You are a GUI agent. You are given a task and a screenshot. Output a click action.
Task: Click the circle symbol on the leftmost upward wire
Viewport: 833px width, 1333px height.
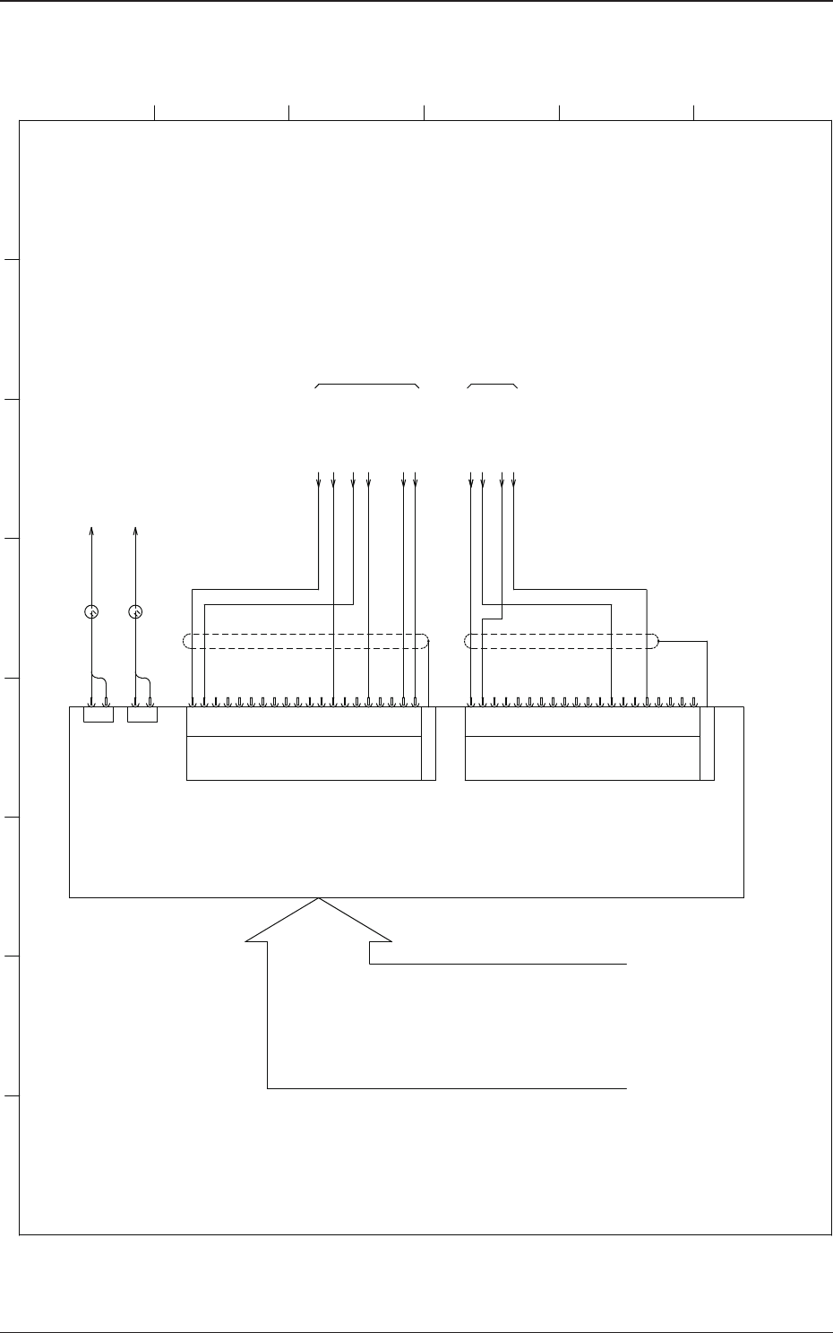[x=90, y=612]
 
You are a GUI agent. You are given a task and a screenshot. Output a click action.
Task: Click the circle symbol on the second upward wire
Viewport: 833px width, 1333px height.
[x=135, y=612]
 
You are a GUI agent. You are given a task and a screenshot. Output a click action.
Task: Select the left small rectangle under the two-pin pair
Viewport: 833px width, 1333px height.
[x=98, y=714]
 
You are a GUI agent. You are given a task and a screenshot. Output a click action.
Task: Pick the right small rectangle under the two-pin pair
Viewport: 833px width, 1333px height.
[x=142, y=714]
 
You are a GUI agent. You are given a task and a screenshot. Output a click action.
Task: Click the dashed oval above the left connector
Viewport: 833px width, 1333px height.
[x=305, y=641]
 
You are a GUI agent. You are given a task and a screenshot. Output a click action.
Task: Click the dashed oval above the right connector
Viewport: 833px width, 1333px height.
[x=562, y=641]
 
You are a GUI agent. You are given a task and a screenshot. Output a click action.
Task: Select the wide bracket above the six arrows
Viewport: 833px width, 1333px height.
[x=367, y=384]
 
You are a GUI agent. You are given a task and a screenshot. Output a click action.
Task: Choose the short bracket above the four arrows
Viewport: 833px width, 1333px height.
[x=493, y=384]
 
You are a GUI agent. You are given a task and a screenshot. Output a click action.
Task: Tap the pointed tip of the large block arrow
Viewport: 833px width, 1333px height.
[x=319, y=900]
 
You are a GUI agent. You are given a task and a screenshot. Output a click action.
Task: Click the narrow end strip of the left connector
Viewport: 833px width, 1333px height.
[x=428, y=743]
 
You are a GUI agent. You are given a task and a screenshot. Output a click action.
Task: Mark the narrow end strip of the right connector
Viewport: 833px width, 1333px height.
[x=708, y=743]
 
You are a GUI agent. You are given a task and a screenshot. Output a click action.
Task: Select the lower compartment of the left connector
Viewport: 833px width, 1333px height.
[x=304, y=758]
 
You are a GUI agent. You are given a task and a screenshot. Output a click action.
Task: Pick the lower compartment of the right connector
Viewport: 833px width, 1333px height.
[x=582, y=758]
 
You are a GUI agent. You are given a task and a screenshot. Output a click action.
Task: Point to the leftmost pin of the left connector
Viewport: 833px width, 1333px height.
[x=193, y=702]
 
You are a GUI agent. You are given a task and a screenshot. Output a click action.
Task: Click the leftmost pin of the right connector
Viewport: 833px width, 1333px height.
[x=472, y=702]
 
